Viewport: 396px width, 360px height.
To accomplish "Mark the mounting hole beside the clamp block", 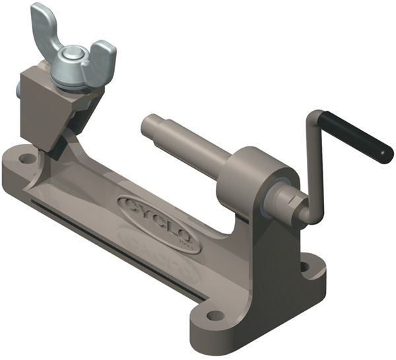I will [26, 158].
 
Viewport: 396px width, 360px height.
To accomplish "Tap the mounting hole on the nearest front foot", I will [215, 315].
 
